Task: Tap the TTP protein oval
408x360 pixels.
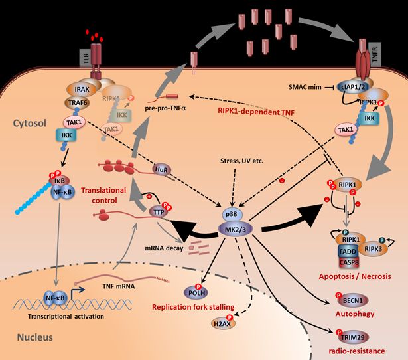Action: click(x=157, y=211)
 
